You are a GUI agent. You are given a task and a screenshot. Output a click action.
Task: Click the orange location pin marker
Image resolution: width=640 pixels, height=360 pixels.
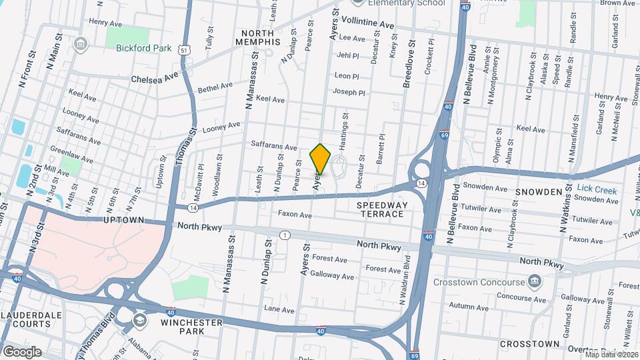[x=320, y=159]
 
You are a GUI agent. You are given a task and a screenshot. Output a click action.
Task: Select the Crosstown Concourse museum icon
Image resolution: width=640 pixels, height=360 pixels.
[x=534, y=281]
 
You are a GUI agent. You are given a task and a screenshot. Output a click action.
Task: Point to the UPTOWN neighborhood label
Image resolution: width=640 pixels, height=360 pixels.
[x=124, y=219]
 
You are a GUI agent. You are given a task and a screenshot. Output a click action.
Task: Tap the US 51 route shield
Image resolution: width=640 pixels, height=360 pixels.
[x=185, y=49]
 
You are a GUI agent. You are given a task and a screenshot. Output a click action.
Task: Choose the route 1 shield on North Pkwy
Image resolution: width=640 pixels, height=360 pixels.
[x=285, y=235]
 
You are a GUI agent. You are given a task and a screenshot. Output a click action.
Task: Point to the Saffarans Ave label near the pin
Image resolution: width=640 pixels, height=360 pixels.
[x=274, y=145]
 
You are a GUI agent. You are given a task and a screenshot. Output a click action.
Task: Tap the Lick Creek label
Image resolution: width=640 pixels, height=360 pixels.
[x=597, y=190]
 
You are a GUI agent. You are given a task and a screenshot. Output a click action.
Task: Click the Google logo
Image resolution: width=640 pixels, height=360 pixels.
[x=21, y=351]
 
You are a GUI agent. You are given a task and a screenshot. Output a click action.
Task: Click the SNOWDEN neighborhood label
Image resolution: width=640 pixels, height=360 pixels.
[x=539, y=192]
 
